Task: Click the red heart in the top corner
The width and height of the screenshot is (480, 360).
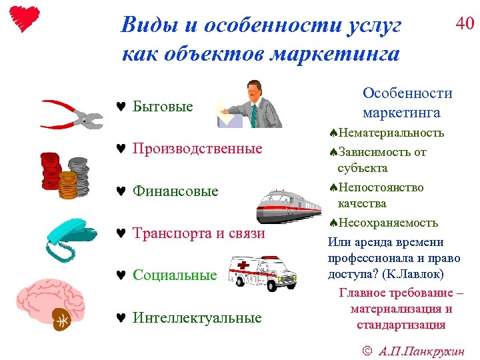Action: point(26,18)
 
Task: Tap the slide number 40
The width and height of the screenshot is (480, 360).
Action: point(464,24)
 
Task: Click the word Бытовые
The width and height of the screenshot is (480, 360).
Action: point(163,107)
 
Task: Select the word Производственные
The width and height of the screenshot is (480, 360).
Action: point(197,149)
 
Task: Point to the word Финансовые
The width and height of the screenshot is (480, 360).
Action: point(175,191)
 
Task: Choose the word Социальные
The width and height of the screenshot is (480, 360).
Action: point(175,275)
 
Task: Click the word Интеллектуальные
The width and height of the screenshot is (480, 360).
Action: point(197,318)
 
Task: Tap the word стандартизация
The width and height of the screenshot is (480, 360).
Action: point(401,325)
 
